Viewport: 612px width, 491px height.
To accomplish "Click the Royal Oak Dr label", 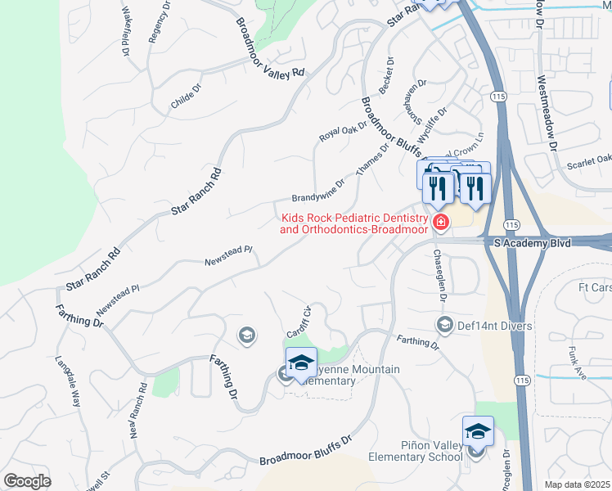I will point(340,131).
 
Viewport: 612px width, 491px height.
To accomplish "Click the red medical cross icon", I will point(440,223).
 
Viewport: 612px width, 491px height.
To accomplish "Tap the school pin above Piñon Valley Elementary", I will point(478,431).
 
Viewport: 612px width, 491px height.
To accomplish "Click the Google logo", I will point(27,481).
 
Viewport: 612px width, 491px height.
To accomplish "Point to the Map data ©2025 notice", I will point(578,484).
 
